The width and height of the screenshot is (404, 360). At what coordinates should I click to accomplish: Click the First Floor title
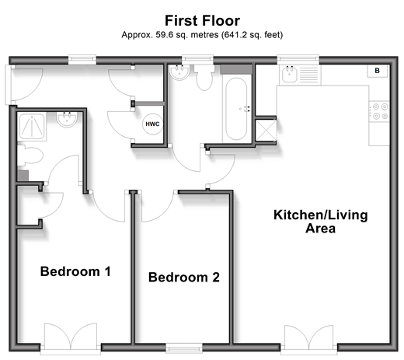[202, 21]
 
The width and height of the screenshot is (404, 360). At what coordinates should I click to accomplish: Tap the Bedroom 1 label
[75, 271]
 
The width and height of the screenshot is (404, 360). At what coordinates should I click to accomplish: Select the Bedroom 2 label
[184, 277]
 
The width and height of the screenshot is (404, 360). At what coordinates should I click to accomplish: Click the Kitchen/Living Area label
[321, 222]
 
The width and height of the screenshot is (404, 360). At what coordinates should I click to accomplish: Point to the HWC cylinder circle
[152, 124]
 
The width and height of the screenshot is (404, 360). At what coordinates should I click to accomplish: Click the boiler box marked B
[378, 71]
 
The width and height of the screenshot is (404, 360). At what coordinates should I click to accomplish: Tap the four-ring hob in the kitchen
[379, 111]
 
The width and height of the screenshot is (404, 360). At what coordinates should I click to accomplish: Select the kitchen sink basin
[290, 74]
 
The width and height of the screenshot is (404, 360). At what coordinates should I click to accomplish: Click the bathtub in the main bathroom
[235, 109]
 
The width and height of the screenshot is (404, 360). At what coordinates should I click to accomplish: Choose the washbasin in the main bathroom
[179, 72]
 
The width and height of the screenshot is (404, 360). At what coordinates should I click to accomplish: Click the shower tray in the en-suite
[32, 127]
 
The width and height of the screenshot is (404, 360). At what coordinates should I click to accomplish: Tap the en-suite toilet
[30, 155]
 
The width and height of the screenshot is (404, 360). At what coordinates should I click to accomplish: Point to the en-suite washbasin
[67, 119]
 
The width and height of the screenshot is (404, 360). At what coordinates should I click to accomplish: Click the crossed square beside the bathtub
[266, 130]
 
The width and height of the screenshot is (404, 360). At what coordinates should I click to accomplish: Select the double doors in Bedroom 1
[71, 337]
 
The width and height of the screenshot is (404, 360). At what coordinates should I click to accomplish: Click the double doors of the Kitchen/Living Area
[308, 338]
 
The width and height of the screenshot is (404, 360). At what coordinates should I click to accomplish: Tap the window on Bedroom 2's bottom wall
[184, 348]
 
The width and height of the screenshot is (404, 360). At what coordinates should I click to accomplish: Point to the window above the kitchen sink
[298, 59]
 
